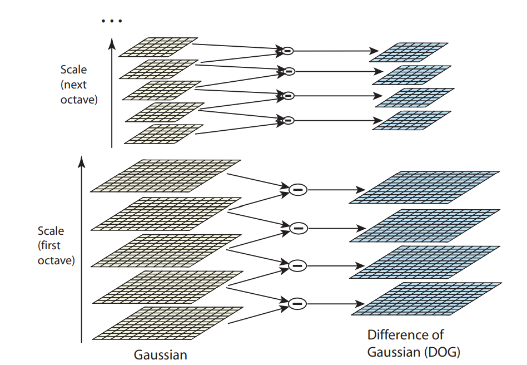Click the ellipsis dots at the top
pyautogui.click(x=111, y=21)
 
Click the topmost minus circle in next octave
pyautogui.click(x=287, y=51)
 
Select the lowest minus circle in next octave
pyautogui.click(x=287, y=120)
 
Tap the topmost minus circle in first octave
pyautogui.click(x=297, y=190)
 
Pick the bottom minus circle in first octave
pyautogui.click(x=297, y=304)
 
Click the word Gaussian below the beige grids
pyautogui.click(x=161, y=354)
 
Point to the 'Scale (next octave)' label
pyautogui.click(x=79, y=85)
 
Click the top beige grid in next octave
pyautogui.click(x=158, y=47)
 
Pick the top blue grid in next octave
pyautogui.click(x=409, y=52)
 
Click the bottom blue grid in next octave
pyautogui.click(x=412, y=121)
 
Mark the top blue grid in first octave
pyautogui.click(x=425, y=188)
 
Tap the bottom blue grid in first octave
pyautogui.click(x=427, y=299)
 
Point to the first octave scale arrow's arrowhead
pyautogui.click(x=82, y=161)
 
